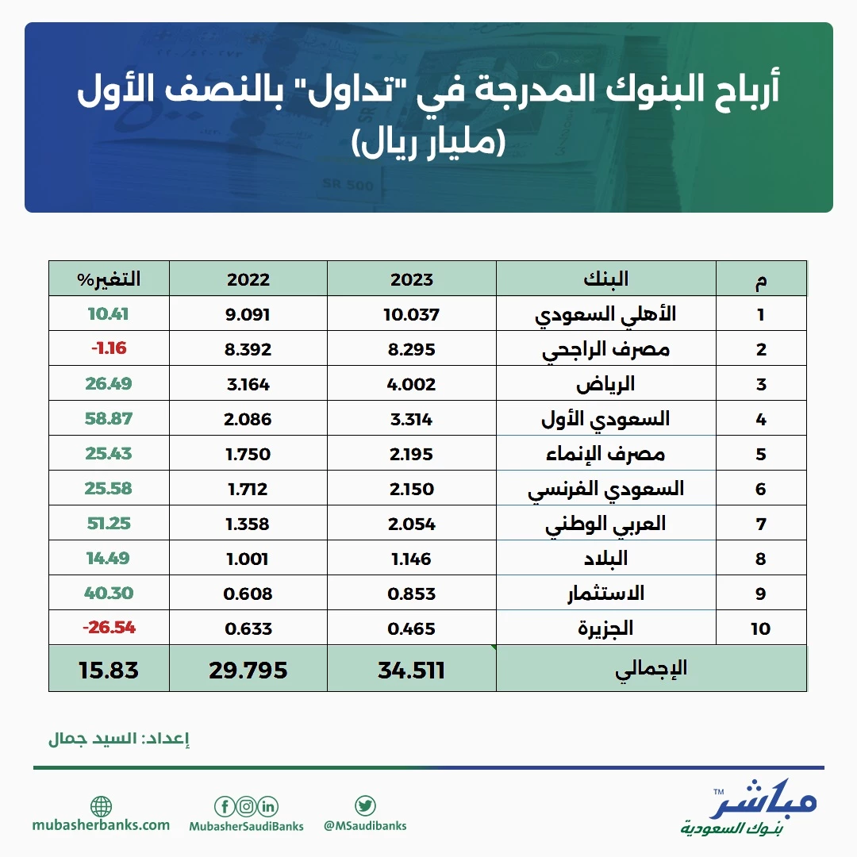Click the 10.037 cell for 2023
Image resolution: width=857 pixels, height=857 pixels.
pos(411,314)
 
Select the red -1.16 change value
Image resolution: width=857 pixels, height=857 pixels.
pos(109,348)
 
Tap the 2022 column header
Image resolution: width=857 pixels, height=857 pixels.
pos(248,279)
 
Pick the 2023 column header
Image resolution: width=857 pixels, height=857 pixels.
pos(411,279)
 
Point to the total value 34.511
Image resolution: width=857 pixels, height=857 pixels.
pos(411,670)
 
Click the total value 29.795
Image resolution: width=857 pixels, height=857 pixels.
pos(248,670)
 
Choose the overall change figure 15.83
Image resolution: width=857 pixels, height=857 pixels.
pos(109,670)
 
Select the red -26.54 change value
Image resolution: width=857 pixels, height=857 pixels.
pos(109,627)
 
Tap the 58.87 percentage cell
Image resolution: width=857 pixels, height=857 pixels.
pos(109,419)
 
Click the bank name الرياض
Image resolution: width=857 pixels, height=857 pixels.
pos(605,384)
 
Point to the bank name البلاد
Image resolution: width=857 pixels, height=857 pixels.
pos(605,558)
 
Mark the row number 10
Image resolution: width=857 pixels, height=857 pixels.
pos(760,628)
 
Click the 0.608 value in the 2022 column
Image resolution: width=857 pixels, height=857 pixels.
pos(248,594)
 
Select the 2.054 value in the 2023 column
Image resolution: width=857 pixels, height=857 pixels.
pos(411,524)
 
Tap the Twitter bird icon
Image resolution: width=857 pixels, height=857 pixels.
pos(365,805)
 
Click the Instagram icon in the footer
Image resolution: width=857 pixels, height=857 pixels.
pos(247,806)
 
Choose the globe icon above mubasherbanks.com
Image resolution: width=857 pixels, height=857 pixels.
pos(101,806)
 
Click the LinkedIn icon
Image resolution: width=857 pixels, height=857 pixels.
pos(268,806)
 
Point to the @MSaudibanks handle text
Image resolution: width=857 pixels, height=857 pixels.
pos(365,825)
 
